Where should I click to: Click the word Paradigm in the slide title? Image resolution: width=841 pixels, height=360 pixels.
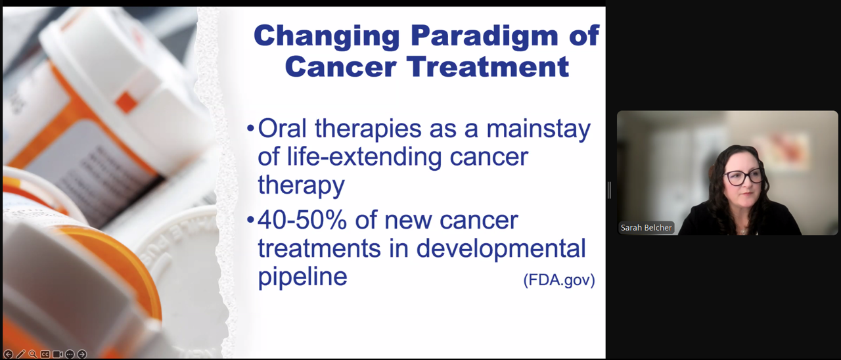pos(484,36)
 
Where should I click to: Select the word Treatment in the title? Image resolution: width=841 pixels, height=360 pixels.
pos(488,67)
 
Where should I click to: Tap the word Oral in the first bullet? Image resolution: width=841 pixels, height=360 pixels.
pos(282,128)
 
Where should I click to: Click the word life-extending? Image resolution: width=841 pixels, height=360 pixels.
pos(364,157)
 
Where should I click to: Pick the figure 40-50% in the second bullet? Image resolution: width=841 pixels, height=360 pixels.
pos(302,220)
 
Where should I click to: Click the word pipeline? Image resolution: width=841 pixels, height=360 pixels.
pos(302,278)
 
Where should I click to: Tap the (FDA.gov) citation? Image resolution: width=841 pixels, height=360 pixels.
pos(559,280)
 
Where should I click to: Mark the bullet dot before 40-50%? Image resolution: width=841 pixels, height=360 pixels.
pos(250,220)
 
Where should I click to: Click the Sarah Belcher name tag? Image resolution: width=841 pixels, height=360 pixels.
pos(646,227)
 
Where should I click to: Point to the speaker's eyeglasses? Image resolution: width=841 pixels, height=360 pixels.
pos(742,177)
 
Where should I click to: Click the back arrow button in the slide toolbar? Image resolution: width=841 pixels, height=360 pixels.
pos(8,354)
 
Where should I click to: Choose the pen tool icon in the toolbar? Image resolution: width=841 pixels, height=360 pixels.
pos(20,354)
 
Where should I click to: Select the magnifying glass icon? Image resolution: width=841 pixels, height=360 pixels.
pos(33,354)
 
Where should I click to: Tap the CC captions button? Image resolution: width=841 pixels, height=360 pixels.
pos(45,354)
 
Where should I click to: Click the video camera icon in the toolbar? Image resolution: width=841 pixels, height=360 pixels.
pos(57,354)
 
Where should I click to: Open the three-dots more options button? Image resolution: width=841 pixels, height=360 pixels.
pos(70,354)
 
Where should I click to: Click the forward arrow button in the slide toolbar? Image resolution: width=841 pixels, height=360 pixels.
pos(82,354)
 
